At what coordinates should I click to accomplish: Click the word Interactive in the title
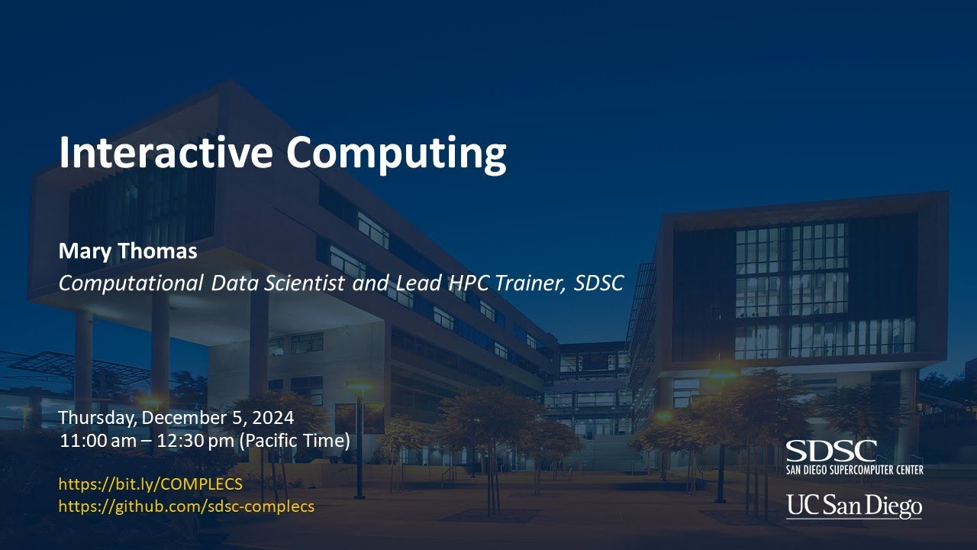pos(165,152)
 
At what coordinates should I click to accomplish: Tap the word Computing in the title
pos(396,154)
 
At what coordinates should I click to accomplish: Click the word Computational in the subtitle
pos(131,283)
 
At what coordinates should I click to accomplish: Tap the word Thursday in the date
pos(97,418)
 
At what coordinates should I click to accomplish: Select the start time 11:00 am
pos(93,441)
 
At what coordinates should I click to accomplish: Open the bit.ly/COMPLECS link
pos(150,484)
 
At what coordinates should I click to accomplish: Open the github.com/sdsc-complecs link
pos(186,506)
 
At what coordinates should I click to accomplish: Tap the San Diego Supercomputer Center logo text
pos(854,469)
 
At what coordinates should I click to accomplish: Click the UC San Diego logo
pos(853,506)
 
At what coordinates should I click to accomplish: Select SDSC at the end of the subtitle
pos(599,283)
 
